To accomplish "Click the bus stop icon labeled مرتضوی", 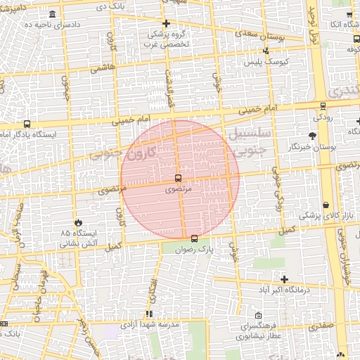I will coord(178,178).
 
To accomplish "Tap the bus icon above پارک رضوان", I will coord(195,238).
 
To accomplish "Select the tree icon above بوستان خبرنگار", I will coord(312,135).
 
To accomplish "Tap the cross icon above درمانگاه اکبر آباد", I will coord(283,279).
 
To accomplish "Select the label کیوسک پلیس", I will coord(266,62).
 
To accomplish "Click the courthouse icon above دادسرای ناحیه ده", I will coord(53,13).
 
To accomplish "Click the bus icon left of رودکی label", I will coord(323,106).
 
